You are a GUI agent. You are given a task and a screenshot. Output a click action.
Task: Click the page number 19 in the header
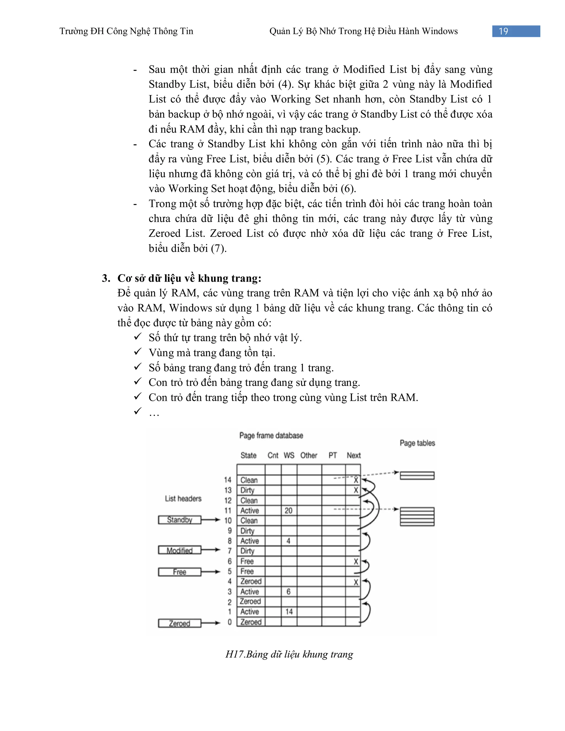tap(503, 31)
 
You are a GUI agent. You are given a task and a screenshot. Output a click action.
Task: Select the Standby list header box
tap(180, 520)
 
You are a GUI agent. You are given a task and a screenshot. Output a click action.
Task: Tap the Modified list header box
tap(180, 550)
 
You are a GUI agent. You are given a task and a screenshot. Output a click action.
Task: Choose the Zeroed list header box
tap(180, 623)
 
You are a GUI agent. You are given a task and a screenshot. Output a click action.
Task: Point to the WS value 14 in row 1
tap(289, 612)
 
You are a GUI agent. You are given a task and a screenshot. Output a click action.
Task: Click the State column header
tap(248, 455)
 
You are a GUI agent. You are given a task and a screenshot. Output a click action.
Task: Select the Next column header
tap(353, 455)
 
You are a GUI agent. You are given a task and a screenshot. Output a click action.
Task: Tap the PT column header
tap(332, 455)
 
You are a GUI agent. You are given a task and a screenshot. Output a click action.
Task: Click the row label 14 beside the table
tap(228, 480)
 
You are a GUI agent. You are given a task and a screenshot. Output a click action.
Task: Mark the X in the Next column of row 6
tap(356, 562)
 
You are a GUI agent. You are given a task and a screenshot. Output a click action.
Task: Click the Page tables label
tap(417, 443)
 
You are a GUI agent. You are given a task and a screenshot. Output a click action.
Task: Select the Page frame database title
tap(271, 436)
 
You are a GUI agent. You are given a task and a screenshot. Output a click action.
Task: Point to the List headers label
tap(183, 499)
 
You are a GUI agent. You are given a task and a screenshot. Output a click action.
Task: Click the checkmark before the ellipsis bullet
tap(138, 411)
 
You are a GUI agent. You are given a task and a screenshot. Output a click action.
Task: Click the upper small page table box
tap(417, 475)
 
